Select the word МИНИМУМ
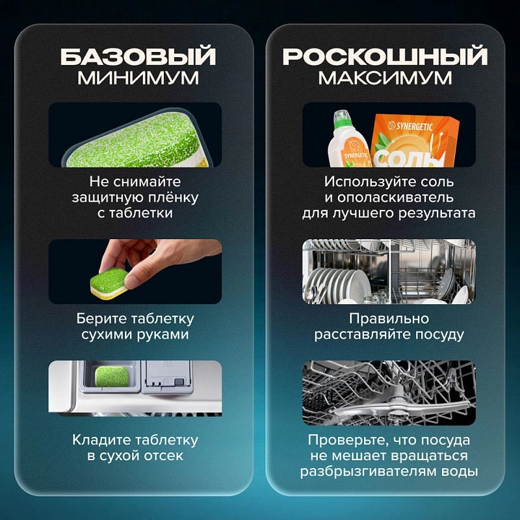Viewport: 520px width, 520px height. pyautogui.click(x=138, y=78)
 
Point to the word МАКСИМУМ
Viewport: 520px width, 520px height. pyautogui.click(x=385, y=78)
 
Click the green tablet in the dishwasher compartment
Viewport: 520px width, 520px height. pyautogui.click(x=112, y=376)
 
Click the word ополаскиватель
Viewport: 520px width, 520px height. pyautogui.click(x=395, y=198)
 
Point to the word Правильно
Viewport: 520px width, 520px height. pyautogui.click(x=389, y=318)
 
